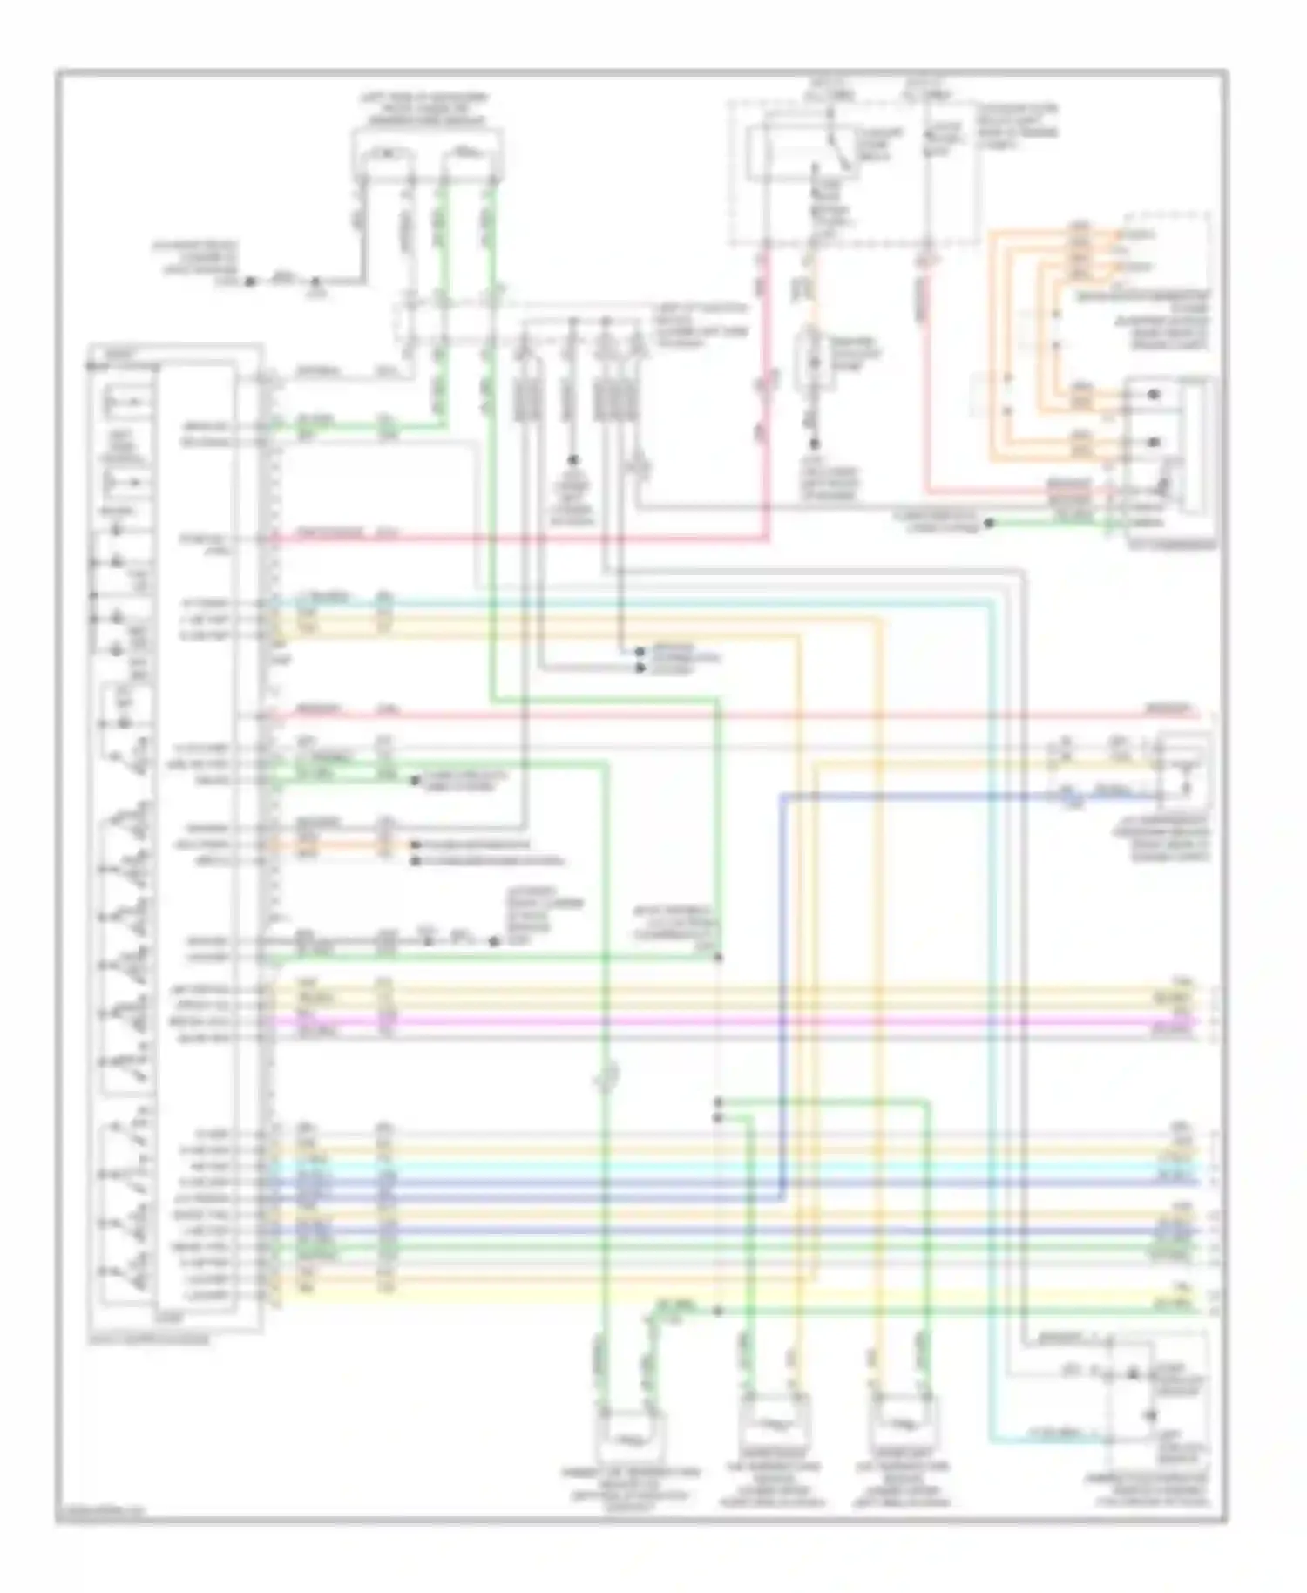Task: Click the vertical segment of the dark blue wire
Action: point(782,959)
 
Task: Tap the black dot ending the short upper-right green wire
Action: point(990,524)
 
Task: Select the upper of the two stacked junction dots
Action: point(718,1102)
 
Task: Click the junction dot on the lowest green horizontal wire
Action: point(718,1311)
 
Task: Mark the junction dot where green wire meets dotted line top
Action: point(718,958)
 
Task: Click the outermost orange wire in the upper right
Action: point(992,349)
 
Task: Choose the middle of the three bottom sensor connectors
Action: point(774,1426)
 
